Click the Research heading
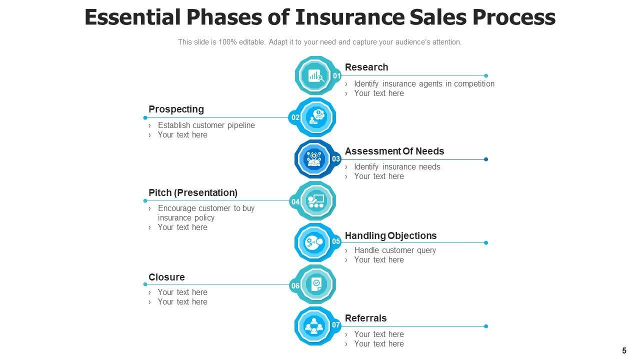point(366,67)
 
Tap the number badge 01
point(336,76)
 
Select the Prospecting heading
point(176,109)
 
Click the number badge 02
point(295,117)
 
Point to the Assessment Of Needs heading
point(394,151)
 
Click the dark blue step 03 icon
point(314,159)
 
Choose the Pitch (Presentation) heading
point(192,192)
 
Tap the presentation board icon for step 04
point(315,201)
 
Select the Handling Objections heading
point(390,235)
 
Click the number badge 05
point(336,242)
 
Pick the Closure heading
point(166,277)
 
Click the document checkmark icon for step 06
point(316,284)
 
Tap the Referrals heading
point(365,318)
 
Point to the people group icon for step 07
point(314,326)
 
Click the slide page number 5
point(624,351)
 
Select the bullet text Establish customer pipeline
point(206,125)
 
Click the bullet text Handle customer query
point(395,250)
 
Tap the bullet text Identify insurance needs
point(397,167)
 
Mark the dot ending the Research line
point(486,76)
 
